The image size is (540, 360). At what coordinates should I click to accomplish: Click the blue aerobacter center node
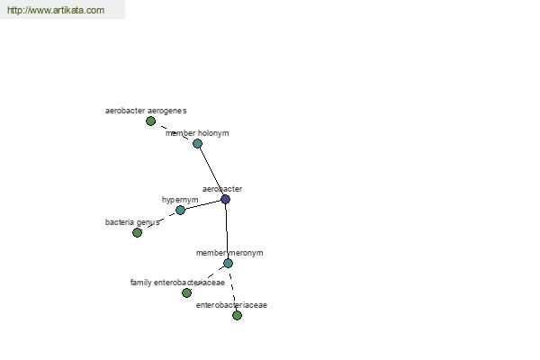[225, 199]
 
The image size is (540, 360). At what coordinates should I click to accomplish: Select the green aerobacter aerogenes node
[150, 121]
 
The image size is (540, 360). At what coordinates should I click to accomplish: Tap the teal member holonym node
[197, 143]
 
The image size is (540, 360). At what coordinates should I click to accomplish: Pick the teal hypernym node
[180, 210]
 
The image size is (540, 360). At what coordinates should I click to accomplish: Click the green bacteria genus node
[137, 232]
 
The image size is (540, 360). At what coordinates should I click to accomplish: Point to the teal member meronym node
[228, 263]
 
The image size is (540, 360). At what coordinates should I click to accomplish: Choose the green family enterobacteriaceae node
[186, 292]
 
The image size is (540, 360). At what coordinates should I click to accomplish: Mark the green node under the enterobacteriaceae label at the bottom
[237, 315]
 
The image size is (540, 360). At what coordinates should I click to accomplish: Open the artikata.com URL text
[56, 10]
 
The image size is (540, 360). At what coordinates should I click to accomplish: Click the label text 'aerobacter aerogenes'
[146, 111]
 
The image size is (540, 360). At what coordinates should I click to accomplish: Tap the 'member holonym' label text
[197, 133]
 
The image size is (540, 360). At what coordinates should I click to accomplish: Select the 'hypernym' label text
[180, 200]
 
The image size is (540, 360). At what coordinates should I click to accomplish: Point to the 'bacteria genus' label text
[132, 222]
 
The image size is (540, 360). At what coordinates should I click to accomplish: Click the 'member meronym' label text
[229, 253]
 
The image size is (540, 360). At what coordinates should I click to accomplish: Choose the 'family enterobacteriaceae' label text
[177, 283]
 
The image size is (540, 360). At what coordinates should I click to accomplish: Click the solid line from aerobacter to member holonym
[211, 171]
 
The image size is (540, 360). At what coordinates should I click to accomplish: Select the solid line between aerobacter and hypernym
[202, 204]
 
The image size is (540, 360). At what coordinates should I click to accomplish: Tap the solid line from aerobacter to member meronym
[227, 231]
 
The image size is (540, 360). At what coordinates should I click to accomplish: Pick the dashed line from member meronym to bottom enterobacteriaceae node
[232, 290]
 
